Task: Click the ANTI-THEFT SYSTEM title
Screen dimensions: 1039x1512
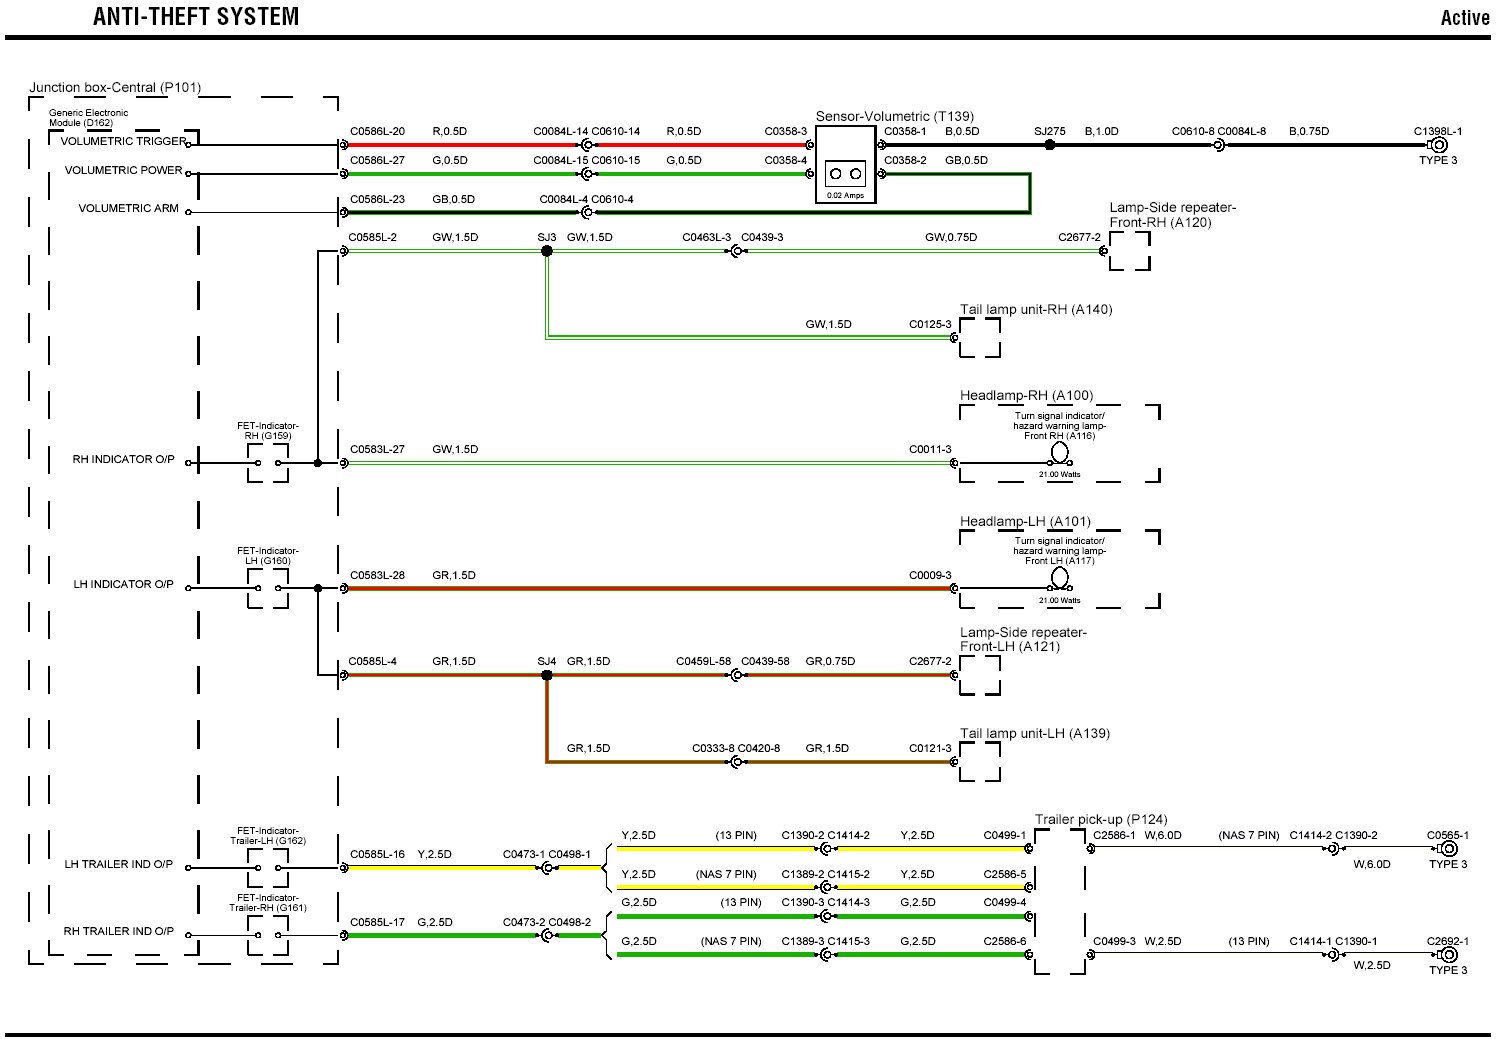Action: click(x=196, y=17)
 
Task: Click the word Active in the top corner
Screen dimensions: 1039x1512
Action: click(x=1464, y=18)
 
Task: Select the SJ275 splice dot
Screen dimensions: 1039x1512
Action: click(x=1049, y=145)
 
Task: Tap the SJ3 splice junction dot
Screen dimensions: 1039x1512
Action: click(x=547, y=251)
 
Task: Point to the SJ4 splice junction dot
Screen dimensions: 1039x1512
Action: click(x=547, y=675)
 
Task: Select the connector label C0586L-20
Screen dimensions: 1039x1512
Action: click(x=377, y=132)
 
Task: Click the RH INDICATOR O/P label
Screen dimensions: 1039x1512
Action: click(x=123, y=460)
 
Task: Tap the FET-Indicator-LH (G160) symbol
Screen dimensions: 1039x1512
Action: click(x=268, y=588)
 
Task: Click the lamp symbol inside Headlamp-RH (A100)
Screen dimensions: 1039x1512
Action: click(x=1060, y=453)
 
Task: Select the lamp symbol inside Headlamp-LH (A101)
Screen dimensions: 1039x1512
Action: click(x=1060, y=578)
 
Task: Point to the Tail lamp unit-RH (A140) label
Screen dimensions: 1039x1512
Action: click(x=1035, y=310)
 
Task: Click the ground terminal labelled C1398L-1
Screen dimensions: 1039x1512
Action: click(x=1439, y=145)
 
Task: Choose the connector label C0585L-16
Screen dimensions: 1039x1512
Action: click(x=377, y=855)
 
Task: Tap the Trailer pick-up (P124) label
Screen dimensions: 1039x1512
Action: click(x=1100, y=819)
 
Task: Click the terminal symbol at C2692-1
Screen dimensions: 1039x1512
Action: click(x=1448, y=954)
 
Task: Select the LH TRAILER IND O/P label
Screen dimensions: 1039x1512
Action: click(x=118, y=865)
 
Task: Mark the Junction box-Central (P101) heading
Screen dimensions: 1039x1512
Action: click(x=115, y=88)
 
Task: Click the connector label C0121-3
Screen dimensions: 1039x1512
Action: click(x=930, y=749)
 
